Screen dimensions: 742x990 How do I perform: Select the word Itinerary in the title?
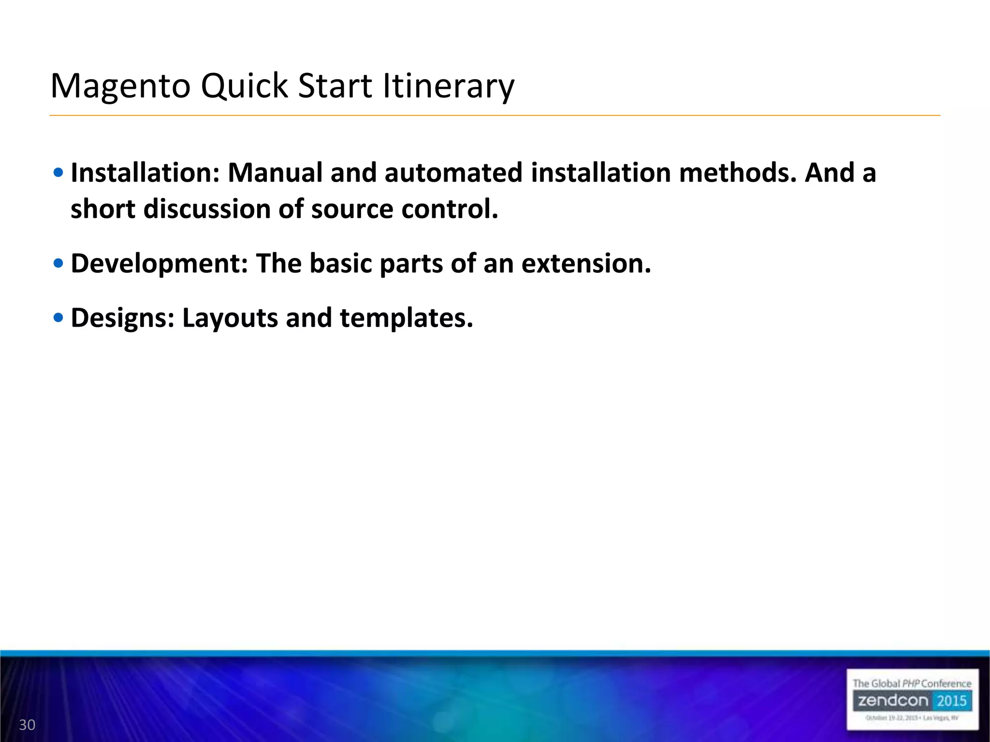coord(448,87)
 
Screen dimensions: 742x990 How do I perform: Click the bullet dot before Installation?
coord(58,172)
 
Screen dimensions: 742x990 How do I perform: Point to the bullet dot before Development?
coord(58,263)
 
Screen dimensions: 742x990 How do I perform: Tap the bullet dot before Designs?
coord(58,317)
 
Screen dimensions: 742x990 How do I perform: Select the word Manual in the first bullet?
coord(275,172)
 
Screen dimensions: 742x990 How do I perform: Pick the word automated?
coord(453,172)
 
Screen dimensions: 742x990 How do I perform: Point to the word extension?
coord(586,264)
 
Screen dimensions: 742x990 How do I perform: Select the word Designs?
coord(123,318)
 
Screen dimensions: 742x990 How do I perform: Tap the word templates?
coord(406,318)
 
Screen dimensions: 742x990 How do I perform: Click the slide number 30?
coord(27,725)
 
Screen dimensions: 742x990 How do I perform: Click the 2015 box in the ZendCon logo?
coord(951,701)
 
